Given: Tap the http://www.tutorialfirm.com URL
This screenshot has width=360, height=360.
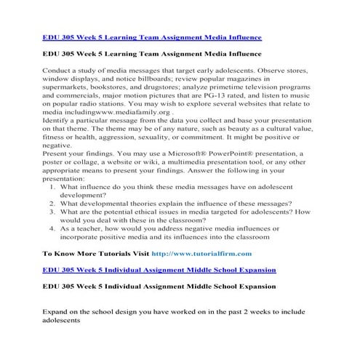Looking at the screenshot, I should click(201, 253).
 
